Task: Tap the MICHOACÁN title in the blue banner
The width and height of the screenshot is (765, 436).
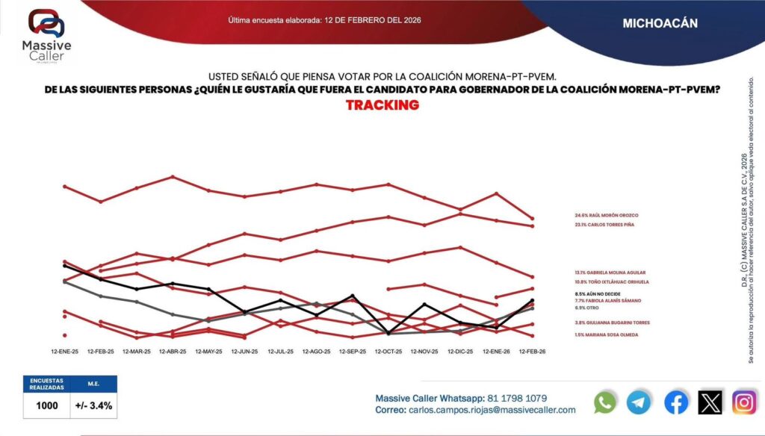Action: [660, 23]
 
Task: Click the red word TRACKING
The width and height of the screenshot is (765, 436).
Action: [382, 105]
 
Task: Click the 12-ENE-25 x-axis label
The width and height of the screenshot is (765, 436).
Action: [65, 351]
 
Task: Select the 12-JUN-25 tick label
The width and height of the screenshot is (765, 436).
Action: [244, 351]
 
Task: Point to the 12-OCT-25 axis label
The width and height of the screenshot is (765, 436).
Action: [388, 351]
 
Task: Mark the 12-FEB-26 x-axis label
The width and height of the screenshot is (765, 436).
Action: [531, 351]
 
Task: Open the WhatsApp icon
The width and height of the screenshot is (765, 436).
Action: [605, 402]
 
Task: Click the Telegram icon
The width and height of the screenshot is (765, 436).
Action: [639, 402]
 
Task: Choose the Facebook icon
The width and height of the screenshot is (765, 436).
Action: [676, 402]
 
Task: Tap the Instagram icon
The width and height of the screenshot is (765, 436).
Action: [744, 402]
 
